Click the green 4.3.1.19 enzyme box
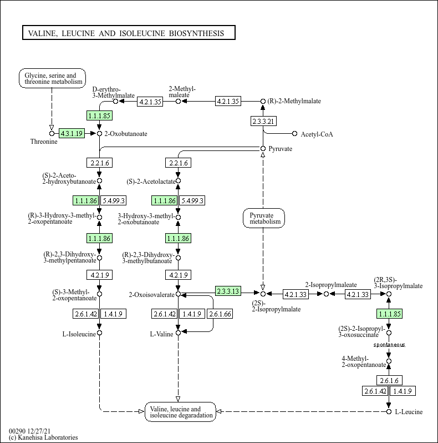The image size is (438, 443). pos(72,133)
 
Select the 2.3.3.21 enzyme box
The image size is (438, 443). pos(263,121)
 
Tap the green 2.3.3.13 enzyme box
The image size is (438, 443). pos(228,291)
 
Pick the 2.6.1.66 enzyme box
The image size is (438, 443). pos(220,314)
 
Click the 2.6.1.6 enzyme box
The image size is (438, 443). pos(389,381)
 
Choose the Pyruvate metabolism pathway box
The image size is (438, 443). pos(264,218)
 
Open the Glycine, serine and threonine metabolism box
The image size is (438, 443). pos(52,78)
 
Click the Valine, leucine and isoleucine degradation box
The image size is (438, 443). pos(180,412)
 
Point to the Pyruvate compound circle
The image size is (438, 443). pos(263,149)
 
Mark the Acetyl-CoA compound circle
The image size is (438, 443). pos(294,134)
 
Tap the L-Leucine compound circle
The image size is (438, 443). pos(389,412)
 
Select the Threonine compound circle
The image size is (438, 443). pos(52,133)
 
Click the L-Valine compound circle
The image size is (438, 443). pos(178,333)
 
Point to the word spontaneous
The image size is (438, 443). pos(389,345)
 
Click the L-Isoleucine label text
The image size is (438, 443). pos(79,334)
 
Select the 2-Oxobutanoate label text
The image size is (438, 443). pos(126,134)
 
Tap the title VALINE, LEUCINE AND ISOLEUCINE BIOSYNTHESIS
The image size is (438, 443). pos(126,33)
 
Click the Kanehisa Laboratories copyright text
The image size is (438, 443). pos(43,437)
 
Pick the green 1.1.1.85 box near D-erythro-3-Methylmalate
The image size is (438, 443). pos(99,115)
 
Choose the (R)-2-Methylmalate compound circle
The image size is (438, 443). pos(263,101)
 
